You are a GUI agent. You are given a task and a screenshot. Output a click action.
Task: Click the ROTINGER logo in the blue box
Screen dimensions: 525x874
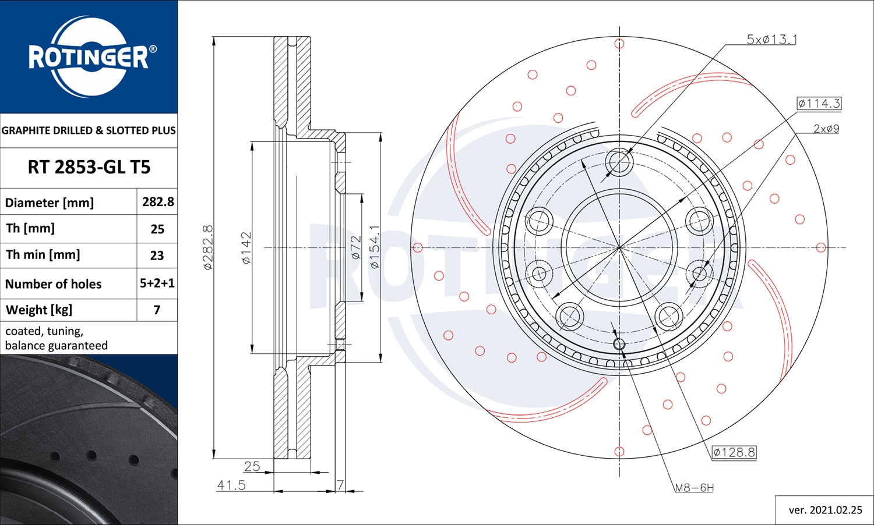(89, 56)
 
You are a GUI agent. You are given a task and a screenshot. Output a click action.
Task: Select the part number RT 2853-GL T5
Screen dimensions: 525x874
(89, 167)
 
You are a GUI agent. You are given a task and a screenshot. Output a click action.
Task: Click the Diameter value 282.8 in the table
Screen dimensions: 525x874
(158, 202)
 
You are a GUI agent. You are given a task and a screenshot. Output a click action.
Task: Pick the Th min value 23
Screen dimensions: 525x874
(157, 256)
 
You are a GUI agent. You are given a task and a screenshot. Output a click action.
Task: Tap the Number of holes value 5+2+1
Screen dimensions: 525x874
(157, 283)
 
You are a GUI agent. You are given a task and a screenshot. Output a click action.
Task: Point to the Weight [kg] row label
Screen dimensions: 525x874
(39, 310)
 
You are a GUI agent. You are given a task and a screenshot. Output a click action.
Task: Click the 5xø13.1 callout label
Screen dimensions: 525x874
(771, 40)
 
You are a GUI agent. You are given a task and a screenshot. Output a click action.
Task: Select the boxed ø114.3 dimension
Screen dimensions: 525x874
(819, 104)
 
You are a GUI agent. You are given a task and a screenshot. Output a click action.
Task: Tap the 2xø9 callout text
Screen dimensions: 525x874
(826, 129)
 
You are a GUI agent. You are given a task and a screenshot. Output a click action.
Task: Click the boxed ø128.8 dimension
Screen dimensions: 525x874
(734, 452)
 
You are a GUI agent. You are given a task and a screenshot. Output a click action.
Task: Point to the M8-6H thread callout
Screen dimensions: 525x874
(694, 488)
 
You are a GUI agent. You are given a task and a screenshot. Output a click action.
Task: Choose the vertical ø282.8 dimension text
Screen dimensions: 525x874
(208, 247)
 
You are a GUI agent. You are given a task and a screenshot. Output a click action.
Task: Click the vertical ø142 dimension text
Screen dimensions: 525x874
(246, 248)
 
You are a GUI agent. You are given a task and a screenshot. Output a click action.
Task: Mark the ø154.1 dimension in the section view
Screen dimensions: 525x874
(375, 247)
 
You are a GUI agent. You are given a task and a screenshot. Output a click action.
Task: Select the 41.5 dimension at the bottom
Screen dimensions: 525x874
(231, 485)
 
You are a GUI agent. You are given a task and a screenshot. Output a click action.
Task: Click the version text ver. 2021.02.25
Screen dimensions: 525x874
(825, 510)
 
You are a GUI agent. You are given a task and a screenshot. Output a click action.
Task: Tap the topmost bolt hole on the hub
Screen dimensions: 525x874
(619, 161)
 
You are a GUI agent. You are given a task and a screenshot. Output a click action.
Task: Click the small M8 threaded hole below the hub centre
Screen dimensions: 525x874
(619, 345)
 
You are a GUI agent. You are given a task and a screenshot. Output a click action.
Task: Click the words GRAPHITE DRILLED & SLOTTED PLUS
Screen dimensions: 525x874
(89, 130)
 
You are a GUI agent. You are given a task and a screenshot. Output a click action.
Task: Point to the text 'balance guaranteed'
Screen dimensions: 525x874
(57, 346)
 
